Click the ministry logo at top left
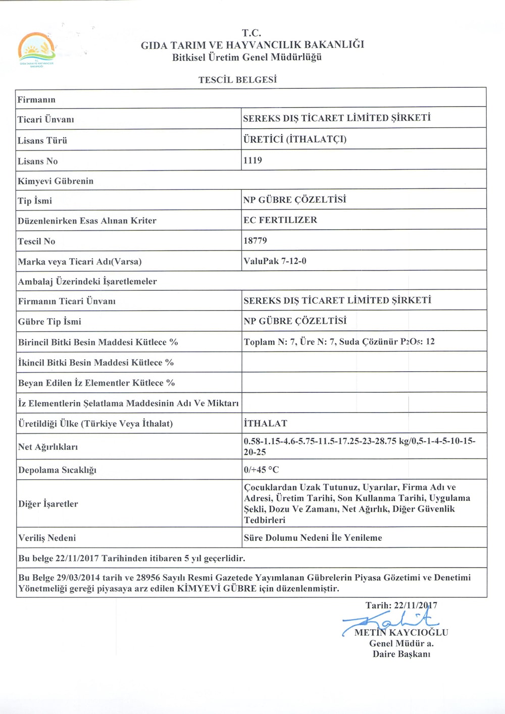[36, 49]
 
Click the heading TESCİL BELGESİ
[237, 80]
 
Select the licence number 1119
[252, 161]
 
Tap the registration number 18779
[255, 241]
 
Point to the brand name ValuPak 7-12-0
[275, 261]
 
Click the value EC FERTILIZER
[280, 220]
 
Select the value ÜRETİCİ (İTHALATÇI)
[295, 139]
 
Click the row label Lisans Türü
[42, 141]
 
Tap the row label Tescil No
[36, 241]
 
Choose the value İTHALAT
[265, 423]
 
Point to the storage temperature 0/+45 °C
[261, 470]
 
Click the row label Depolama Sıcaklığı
[57, 470]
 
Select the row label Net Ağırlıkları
[48, 447]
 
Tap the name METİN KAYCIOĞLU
[401, 633]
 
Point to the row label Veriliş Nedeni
[47, 538]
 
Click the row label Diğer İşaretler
[48, 504]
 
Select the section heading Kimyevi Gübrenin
[56, 181]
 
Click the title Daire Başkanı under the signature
[401, 654]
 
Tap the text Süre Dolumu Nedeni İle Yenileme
[313, 538]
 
